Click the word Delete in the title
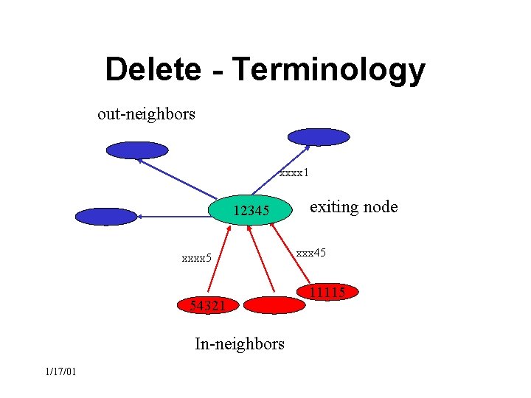pyautogui.click(x=153, y=69)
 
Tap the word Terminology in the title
pyautogui.click(x=328, y=71)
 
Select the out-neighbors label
pyautogui.click(x=146, y=114)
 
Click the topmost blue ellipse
pyautogui.click(x=318, y=137)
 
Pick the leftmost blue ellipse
pyautogui.click(x=106, y=217)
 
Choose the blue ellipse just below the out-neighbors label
pyautogui.click(x=137, y=150)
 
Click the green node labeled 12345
pyautogui.click(x=251, y=212)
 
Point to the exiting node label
pyautogui.click(x=353, y=207)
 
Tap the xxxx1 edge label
pyautogui.click(x=294, y=174)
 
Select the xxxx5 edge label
pyautogui.click(x=197, y=258)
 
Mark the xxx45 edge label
pyautogui.click(x=310, y=253)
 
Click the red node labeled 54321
pyautogui.click(x=206, y=305)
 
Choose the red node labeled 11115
pyautogui.click(x=327, y=293)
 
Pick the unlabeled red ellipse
pyautogui.click(x=274, y=304)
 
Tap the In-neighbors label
pyautogui.click(x=239, y=343)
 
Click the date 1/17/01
pyautogui.click(x=60, y=371)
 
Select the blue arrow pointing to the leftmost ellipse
pyautogui.click(x=177, y=216)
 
